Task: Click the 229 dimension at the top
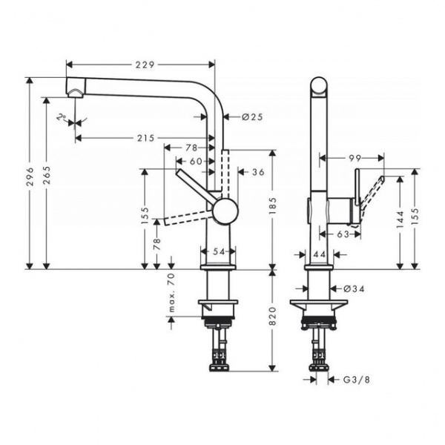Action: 145,65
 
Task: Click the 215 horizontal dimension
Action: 145,138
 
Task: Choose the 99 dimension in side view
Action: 354,158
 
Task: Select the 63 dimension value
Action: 343,234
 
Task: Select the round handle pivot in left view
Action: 222,211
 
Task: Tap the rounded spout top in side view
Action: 317,84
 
